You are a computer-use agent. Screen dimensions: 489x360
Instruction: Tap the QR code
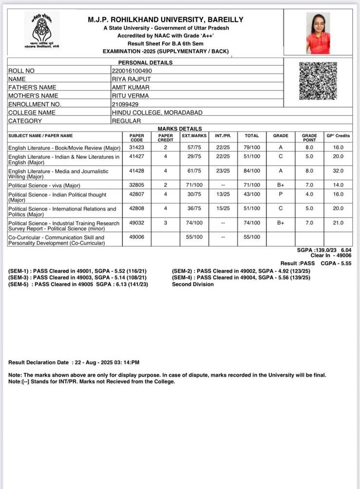pyautogui.click(x=317, y=81)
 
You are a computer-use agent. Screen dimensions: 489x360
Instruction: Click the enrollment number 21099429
pyautogui.click(x=125, y=104)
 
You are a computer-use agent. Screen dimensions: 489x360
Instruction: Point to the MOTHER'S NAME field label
pyautogui.click(x=33, y=96)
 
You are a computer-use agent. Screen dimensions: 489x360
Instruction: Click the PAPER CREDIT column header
pyautogui.click(x=166, y=137)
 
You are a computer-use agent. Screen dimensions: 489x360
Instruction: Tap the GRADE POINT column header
pyautogui.click(x=309, y=137)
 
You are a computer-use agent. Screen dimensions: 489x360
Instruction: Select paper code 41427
pyautogui.click(x=137, y=157)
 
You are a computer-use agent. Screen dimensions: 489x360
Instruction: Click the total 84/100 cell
pyautogui.click(x=252, y=171)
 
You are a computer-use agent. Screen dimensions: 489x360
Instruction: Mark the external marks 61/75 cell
pyautogui.click(x=194, y=171)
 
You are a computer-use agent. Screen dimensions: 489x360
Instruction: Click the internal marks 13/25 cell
pyautogui.click(x=223, y=195)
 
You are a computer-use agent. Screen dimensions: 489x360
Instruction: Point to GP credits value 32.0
pyautogui.click(x=338, y=171)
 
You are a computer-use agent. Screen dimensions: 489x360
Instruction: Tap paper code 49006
pyautogui.click(x=137, y=237)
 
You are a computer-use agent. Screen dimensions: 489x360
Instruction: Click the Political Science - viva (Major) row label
pyautogui.click(x=44, y=186)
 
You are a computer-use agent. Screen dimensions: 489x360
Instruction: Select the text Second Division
pyautogui.click(x=193, y=284)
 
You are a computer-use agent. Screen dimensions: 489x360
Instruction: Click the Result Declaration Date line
pyautogui.click(x=74, y=363)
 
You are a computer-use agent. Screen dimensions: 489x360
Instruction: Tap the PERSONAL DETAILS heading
pyautogui.click(x=145, y=62)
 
